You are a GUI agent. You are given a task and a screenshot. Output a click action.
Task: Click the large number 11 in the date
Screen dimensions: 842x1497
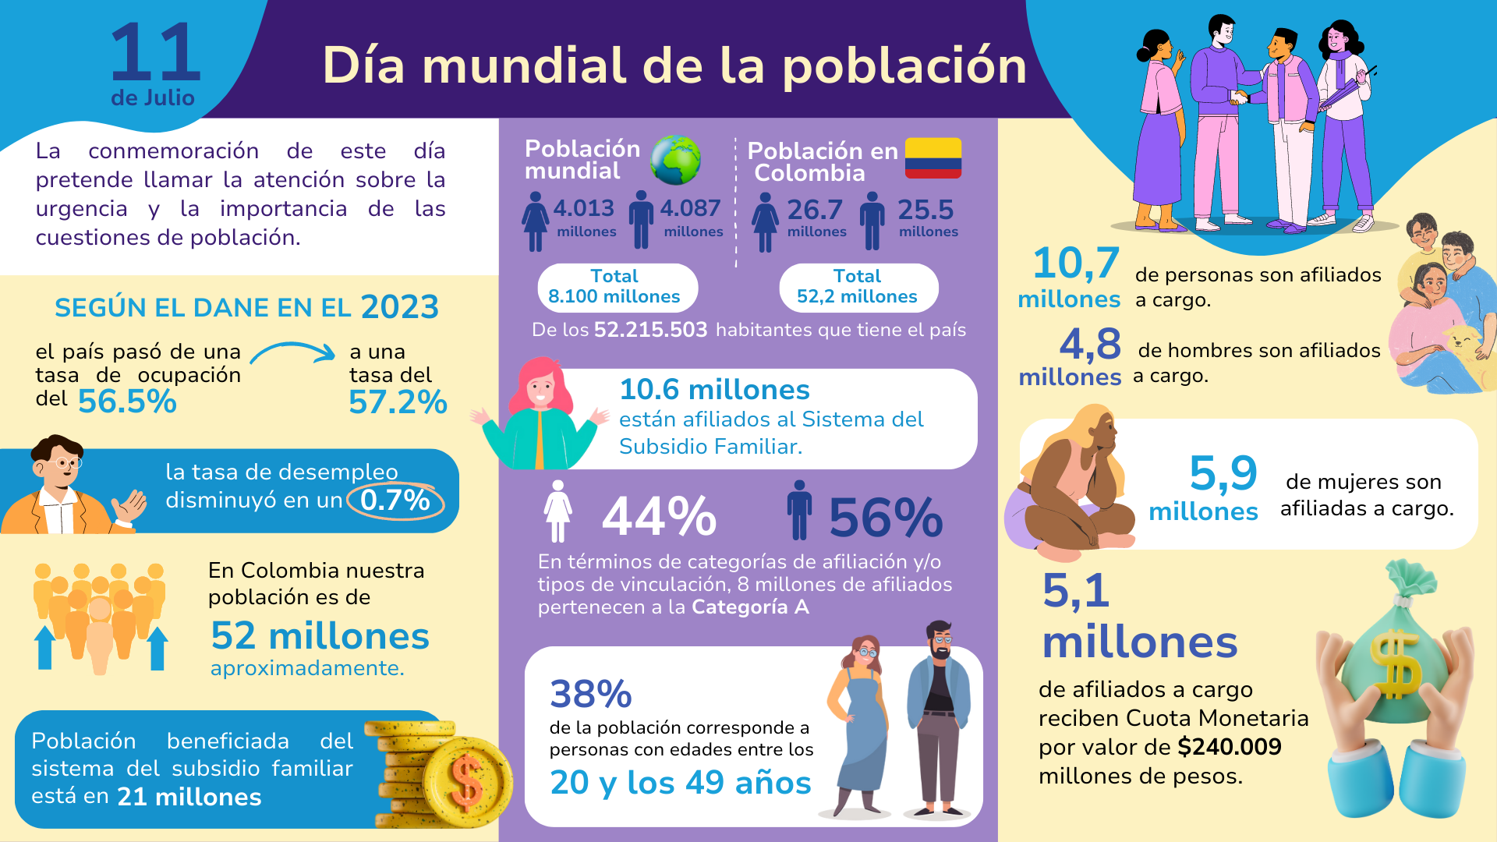(x=156, y=53)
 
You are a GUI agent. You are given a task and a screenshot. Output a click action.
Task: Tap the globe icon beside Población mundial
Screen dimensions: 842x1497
(x=675, y=160)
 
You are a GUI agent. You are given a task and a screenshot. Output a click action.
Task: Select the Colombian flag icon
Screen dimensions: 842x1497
(x=933, y=158)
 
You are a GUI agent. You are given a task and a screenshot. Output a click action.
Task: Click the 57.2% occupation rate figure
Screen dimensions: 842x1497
(x=398, y=402)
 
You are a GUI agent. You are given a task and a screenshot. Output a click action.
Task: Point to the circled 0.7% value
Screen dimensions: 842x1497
(x=395, y=501)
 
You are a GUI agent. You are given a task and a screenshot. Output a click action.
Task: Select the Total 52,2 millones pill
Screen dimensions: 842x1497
(x=858, y=287)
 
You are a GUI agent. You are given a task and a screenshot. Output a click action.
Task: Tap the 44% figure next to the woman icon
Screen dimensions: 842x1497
(x=659, y=517)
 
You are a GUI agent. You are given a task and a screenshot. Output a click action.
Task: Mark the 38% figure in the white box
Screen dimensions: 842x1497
(x=591, y=694)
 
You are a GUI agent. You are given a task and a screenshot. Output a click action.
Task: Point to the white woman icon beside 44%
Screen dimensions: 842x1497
(x=557, y=511)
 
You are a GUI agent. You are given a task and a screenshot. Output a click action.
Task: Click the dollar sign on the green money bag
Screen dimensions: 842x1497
(x=1396, y=663)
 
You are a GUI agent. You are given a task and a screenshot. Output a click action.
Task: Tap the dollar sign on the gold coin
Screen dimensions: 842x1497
(x=466, y=782)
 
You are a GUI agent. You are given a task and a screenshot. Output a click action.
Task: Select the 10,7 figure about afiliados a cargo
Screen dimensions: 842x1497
(x=1076, y=264)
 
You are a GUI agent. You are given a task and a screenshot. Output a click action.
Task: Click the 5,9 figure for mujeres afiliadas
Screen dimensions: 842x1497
(x=1223, y=473)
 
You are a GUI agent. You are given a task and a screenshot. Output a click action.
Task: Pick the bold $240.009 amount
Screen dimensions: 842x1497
(x=1230, y=747)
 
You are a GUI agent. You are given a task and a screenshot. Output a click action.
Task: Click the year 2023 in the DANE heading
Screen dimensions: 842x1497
(x=399, y=307)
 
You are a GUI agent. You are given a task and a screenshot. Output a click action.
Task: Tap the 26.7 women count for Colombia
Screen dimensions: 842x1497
(x=815, y=210)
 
